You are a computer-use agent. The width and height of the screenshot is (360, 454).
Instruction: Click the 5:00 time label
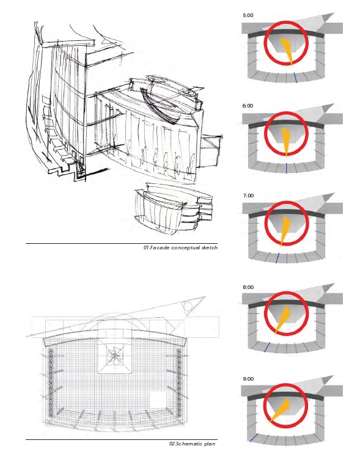click(x=248, y=15)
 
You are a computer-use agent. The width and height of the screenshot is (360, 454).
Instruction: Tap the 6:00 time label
click(x=248, y=106)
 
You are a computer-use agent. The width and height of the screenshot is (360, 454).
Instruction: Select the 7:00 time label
click(x=248, y=196)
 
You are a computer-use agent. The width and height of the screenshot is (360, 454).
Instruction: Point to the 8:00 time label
click(x=248, y=287)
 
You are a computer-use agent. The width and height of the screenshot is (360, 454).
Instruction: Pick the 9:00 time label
click(x=248, y=379)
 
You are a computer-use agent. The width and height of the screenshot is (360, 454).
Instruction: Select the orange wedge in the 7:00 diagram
click(x=285, y=230)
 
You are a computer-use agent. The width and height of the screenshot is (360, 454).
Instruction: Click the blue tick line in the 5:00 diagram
click(x=295, y=78)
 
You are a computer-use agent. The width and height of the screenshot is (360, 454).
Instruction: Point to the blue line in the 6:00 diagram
click(x=286, y=168)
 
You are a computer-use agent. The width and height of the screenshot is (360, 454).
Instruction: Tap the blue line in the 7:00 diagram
click(x=277, y=258)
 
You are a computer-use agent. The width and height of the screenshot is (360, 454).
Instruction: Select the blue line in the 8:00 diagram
click(x=266, y=347)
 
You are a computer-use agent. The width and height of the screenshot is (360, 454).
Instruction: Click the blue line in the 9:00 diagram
click(x=254, y=438)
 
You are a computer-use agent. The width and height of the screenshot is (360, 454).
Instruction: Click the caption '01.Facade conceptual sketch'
click(x=180, y=247)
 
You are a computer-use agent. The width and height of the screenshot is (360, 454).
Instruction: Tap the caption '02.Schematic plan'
click(x=193, y=444)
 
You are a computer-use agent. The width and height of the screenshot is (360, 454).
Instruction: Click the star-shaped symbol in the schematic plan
click(x=115, y=355)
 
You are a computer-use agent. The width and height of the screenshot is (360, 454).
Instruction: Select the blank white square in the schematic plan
click(x=158, y=400)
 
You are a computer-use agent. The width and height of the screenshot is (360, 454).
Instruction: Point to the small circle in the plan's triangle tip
click(x=188, y=306)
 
